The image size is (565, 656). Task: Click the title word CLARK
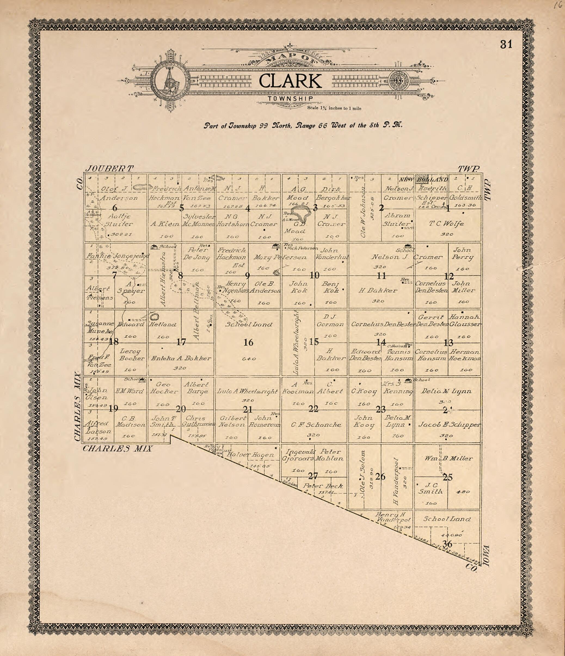[x=290, y=81]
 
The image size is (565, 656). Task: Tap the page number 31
[x=506, y=45]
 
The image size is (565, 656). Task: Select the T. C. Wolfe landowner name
[x=446, y=223]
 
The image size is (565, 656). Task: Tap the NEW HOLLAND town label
[x=423, y=180]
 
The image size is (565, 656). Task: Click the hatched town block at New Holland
[x=421, y=178]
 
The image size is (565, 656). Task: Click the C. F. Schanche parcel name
[x=316, y=424]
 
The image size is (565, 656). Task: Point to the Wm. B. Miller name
[x=449, y=458]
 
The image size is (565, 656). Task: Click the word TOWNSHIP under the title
[x=290, y=98]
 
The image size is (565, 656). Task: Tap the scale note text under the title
[x=334, y=108]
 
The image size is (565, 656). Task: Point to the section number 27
[x=313, y=476]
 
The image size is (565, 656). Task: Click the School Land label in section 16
[x=249, y=324]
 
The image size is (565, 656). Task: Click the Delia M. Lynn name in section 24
[x=446, y=391]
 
